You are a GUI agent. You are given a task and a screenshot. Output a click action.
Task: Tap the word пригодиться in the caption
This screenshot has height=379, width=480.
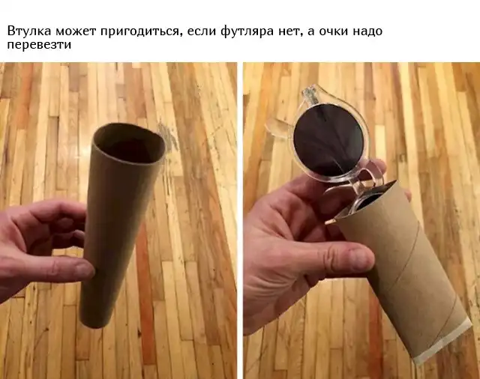pyautogui.click(x=139, y=32)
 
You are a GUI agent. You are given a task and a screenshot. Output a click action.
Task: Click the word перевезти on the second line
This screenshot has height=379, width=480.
pyautogui.click(x=39, y=45)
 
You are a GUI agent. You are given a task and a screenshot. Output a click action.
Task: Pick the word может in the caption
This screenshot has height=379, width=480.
pyautogui.click(x=76, y=31)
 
